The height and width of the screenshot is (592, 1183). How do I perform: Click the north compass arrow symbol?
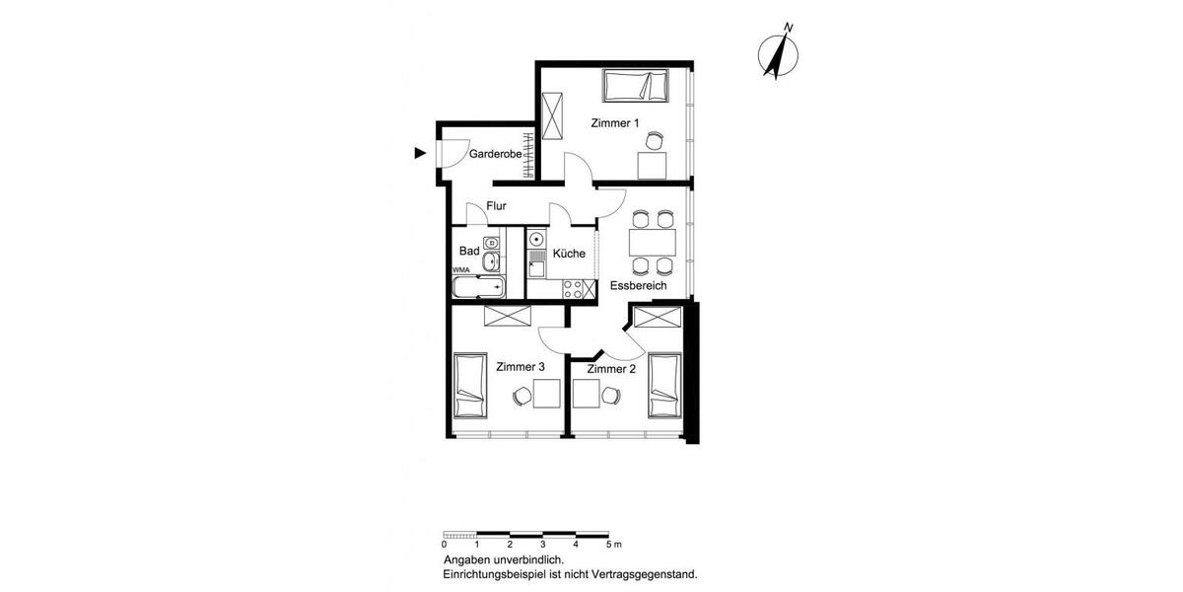click(782, 54)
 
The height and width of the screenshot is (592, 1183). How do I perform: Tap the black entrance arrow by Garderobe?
click(420, 153)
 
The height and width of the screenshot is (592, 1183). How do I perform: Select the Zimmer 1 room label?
click(615, 123)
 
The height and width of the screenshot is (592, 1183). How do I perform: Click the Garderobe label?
click(495, 155)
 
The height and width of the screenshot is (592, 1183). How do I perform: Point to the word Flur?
click(496, 206)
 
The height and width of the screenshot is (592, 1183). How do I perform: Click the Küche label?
click(569, 254)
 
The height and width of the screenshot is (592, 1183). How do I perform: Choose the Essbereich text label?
click(638, 286)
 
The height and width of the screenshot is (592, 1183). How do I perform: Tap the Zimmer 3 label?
click(521, 367)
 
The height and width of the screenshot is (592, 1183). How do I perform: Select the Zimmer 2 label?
click(611, 369)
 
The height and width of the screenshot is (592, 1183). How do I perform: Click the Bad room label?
click(469, 252)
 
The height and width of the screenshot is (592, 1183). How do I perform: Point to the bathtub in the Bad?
click(478, 287)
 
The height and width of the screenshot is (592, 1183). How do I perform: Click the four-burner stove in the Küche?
click(573, 288)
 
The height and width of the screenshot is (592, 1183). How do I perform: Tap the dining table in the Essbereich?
click(652, 241)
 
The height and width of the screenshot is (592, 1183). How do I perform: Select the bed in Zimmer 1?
click(637, 86)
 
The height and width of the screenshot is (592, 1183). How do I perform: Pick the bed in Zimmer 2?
click(663, 388)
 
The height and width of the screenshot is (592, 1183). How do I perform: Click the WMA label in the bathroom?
click(460, 269)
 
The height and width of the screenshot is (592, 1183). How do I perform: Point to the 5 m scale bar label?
click(612, 545)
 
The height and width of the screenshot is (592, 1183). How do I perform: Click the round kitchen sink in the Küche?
click(537, 240)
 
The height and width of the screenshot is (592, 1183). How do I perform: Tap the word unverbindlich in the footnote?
click(531, 559)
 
